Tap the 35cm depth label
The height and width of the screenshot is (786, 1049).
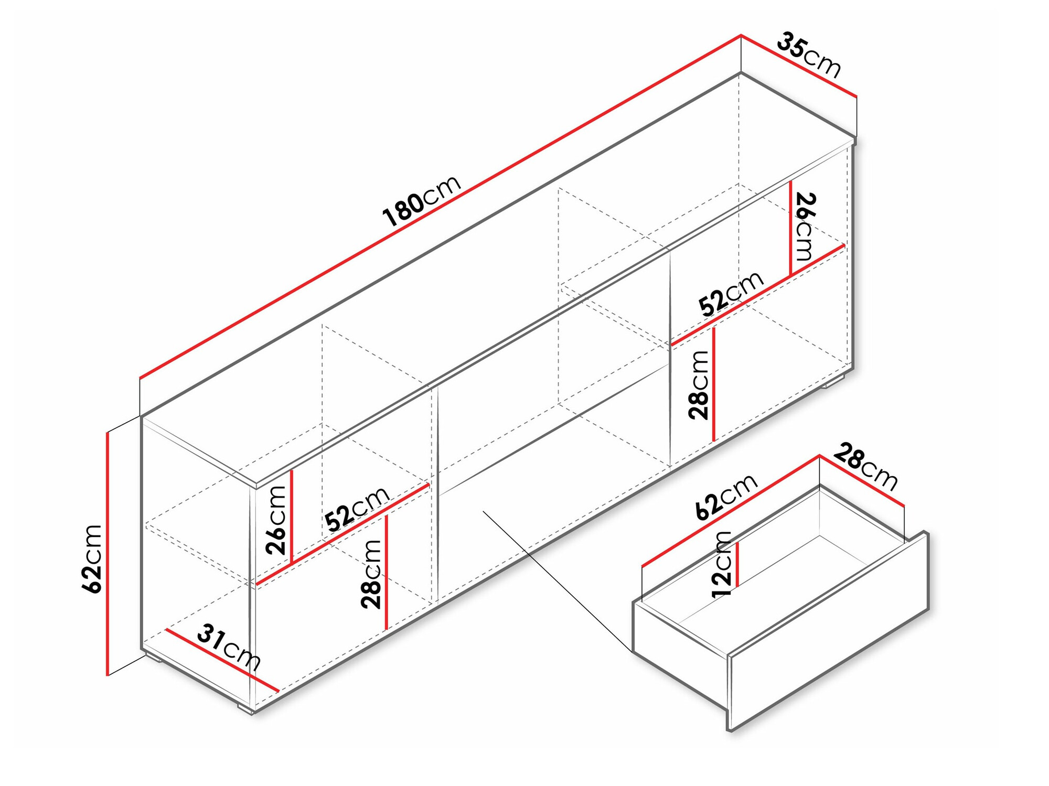pyautogui.click(x=808, y=55)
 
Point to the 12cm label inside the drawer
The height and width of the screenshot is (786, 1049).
pyautogui.click(x=721, y=564)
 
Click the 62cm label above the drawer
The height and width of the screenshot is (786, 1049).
pyautogui.click(x=726, y=496)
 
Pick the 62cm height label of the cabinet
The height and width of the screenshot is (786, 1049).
pyautogui.click(x=92, y=558)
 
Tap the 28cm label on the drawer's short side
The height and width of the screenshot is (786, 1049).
pyautogui.click(x=865, y=467)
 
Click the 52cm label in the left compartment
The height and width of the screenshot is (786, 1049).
pyautogui.click(x=357, y=508)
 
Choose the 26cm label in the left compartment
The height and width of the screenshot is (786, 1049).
pyautogui.click(x=276, y=520)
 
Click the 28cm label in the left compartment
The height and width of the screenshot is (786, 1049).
pyautogui.click(x=371, y=574)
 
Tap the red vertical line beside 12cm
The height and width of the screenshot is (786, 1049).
pyautogui.click(x=737, y=564)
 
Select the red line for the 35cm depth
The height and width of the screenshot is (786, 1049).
pyautogui.click(x=798, y=66)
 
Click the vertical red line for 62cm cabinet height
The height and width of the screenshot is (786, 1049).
pyautogui.click(x=108, y=553)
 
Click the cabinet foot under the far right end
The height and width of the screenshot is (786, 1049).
pyautogui.click(x=831, y=383)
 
